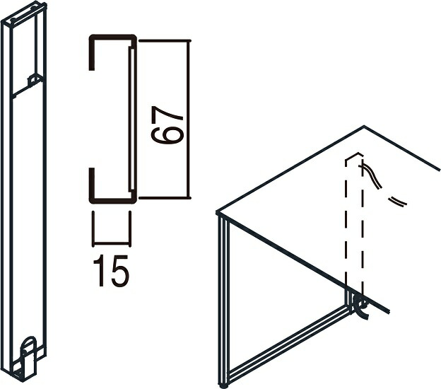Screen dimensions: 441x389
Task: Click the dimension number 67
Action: [167, 125]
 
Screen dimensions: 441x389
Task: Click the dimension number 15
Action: [111, 271]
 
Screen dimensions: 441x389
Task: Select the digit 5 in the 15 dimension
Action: [120, 271]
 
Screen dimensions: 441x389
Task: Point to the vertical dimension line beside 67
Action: [189, 119]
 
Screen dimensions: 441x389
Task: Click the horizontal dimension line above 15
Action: [111, 243]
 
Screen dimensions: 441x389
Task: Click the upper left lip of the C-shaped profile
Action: [91, 54]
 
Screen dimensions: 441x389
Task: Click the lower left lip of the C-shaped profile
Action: [91, 185]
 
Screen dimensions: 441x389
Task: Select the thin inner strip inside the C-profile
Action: [131, 119]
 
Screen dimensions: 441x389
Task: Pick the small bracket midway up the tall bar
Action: [33, 81]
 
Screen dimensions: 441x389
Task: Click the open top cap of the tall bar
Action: [24, 13]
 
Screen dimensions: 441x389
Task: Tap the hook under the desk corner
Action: [361, 308]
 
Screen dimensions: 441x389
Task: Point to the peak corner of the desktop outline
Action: [364, 126]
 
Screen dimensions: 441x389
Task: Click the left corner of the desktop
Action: [217, 212]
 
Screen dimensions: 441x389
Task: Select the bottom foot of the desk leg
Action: [223, 385]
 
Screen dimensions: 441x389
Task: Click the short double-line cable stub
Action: [397, 202]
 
